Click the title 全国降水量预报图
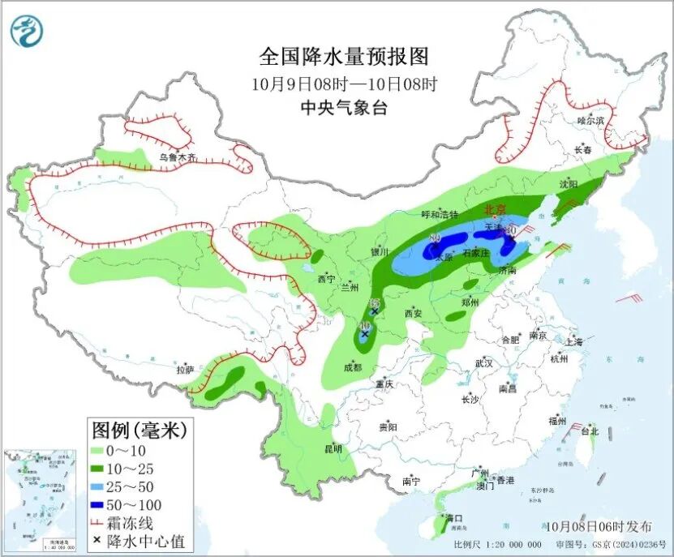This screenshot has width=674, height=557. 343,57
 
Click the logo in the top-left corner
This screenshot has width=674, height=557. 27,31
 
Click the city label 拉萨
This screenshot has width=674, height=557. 185,369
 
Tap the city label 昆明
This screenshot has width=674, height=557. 333,448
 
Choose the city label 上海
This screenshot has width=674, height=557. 574,341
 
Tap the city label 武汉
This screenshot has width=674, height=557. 484,362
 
